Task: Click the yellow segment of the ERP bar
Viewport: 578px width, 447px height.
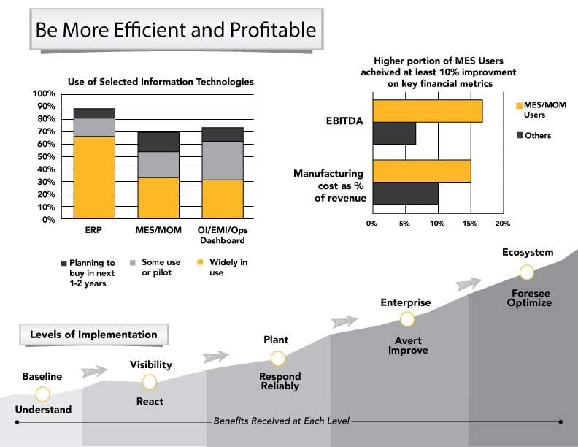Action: [94, 177]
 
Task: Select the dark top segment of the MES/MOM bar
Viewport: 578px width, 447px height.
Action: [158, 142]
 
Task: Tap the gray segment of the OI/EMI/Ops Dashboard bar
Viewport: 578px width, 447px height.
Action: [222, 160]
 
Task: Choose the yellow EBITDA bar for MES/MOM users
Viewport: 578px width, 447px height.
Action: [427, 110]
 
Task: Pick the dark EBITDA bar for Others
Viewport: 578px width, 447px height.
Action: [394, 134]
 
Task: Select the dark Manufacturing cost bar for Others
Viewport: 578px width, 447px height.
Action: [405, 193]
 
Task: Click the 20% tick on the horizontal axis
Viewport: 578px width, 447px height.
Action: [503, 223]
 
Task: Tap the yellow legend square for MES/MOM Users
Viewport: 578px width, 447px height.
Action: [519, 106]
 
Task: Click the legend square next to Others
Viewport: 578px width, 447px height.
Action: [519, 135]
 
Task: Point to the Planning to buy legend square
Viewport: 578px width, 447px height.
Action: [63, 262]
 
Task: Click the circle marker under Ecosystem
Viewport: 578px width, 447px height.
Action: [526, 272]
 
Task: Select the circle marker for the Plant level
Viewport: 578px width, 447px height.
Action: [277, 359]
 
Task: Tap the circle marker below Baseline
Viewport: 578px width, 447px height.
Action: [42, 394]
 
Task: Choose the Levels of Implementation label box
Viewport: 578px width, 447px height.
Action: [93, 335]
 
